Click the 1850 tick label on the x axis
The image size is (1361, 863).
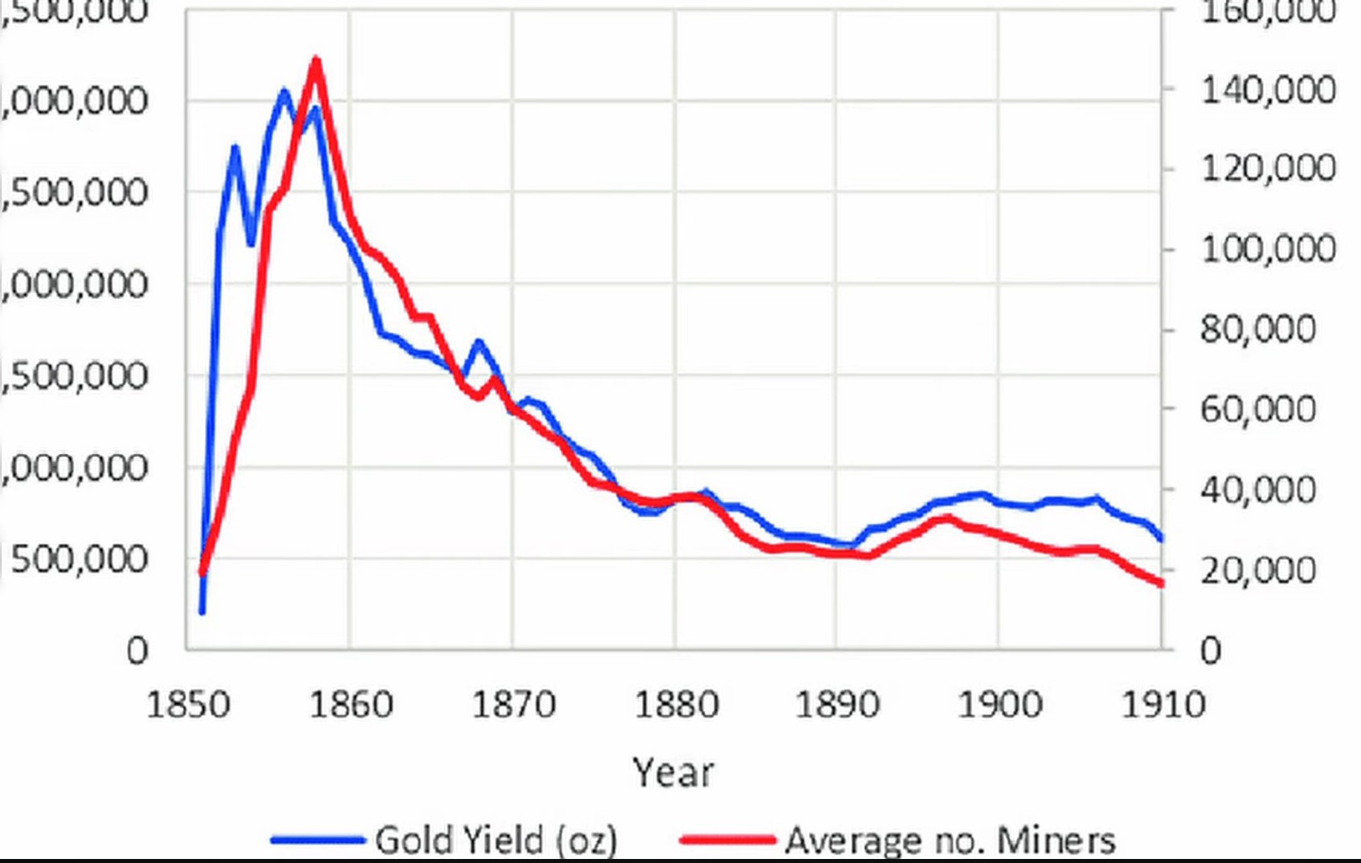pyautogui.click(x=188, y=705)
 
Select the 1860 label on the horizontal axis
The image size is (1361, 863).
pyautogui.click(x=351, y=705)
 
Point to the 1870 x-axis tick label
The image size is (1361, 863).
pyautogui.click(x=513, y=705)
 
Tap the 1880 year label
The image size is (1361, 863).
pyautogui.click(x=676, y=705)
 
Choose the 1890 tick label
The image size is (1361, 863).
pyautogui.click(x=837, y=705)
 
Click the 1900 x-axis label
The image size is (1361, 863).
pyautogui.click(x=999, y=705)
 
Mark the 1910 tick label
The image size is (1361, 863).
pyautogui.click(x=1163, y=705)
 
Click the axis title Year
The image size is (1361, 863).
pyautogui.click(x=672, y=773)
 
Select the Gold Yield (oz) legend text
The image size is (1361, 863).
pyautogui.click(x=496, y=841)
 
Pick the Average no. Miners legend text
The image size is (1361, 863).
pyautogui.click(x=950, y=841)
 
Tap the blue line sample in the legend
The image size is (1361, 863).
pyautogui.click(x=317, y=841)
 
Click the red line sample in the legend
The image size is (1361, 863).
pyautogui.click(x=727, y=841)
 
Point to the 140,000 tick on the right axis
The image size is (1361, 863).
pyautogui.click(x=1268, y=89)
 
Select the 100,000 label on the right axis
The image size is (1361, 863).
pyautogui.click(x=1268, y=249)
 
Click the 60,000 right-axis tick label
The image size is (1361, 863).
pyautogui.click(x=1258, y=409)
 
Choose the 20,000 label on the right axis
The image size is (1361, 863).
pyautogui.click(x=1258, y=570)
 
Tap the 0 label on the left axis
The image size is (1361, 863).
pyautogui.click(x=137, y=650)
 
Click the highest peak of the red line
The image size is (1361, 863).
pyautogui.click(x=316, y=59)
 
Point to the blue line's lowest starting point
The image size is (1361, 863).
pyautogui.click(x=202, y=612)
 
